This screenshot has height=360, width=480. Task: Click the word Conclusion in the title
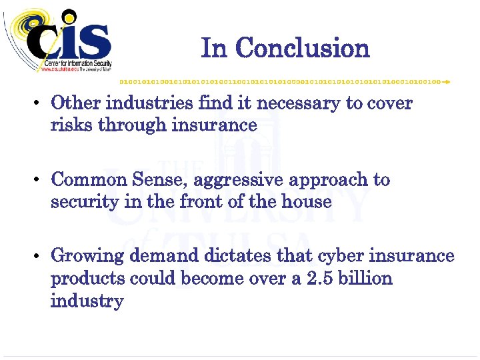coord(303,48)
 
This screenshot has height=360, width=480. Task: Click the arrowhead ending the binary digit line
coord(447,81)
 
